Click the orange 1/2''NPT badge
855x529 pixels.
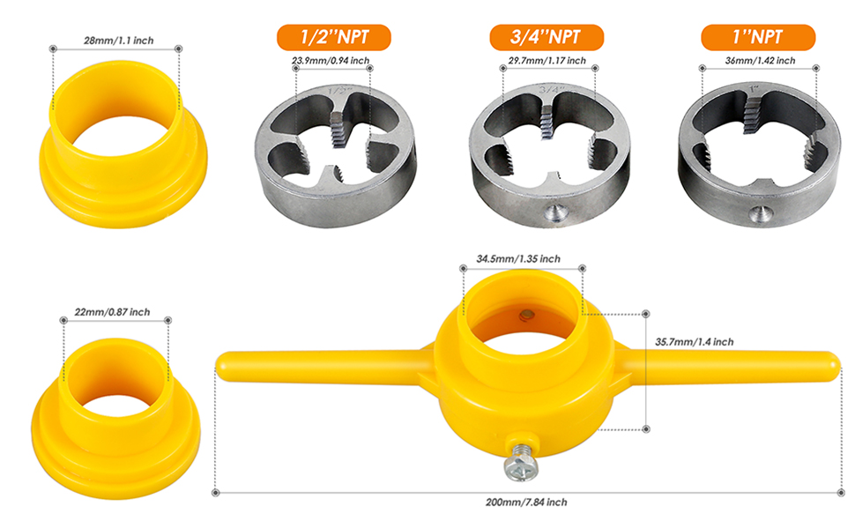click(x=334, y=37)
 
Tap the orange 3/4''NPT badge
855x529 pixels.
click(x=546, y=37)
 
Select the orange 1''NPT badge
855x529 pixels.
click(x=758, y=37)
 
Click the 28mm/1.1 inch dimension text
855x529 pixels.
click(x=118, y=41)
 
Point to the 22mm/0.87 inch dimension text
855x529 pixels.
click(x=112, y=312)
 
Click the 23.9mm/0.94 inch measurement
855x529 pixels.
click(x=331, y=61)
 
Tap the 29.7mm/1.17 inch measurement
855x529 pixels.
click(x=546, y=61)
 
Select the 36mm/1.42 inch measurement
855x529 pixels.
click(x=760, y=61)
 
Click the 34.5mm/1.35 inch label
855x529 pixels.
click(x=518, y=258)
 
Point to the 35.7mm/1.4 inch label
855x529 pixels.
click(x=695, y=342)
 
